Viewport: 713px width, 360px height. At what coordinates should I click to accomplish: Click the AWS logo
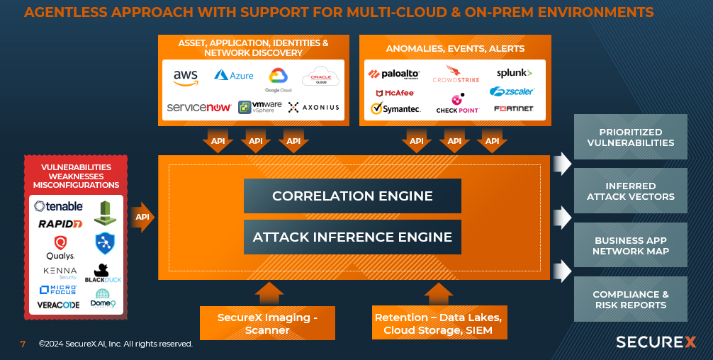(x=186, y=77)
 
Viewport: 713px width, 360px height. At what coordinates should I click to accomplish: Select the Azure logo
(x=233, y=75)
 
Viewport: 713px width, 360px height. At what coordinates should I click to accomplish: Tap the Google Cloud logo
(x=278, y=79)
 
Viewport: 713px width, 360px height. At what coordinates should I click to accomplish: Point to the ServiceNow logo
(x=199, y=107)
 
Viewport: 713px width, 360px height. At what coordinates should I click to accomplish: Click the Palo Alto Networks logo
(x=394, y=74)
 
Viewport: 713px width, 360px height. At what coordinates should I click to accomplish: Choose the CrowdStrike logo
(x=456, y=74)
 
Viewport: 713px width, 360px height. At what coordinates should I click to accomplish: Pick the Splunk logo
(x=514, y=73)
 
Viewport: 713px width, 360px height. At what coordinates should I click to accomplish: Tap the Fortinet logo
(x=514, y=108)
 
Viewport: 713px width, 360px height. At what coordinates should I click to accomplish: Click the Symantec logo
(x=395, y=108)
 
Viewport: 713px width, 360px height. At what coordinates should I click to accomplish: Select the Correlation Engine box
(x=352, y=196)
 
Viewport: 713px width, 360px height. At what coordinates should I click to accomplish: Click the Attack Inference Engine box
(x=352, y=237)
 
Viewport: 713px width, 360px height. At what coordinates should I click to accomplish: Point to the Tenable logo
(x=59, y=206)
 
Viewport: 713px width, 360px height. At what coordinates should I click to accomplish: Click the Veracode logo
(x=58, y=305)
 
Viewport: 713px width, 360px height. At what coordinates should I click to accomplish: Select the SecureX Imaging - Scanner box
(x=267, y=323)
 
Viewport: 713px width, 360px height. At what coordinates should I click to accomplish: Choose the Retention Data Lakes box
(x=438, y=323)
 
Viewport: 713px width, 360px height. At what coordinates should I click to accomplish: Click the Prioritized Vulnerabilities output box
(x=630, y=137)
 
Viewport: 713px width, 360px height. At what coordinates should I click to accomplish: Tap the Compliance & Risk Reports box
(x=630, y=300)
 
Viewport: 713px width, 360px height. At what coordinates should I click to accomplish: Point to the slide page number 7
(x=23, y=344)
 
